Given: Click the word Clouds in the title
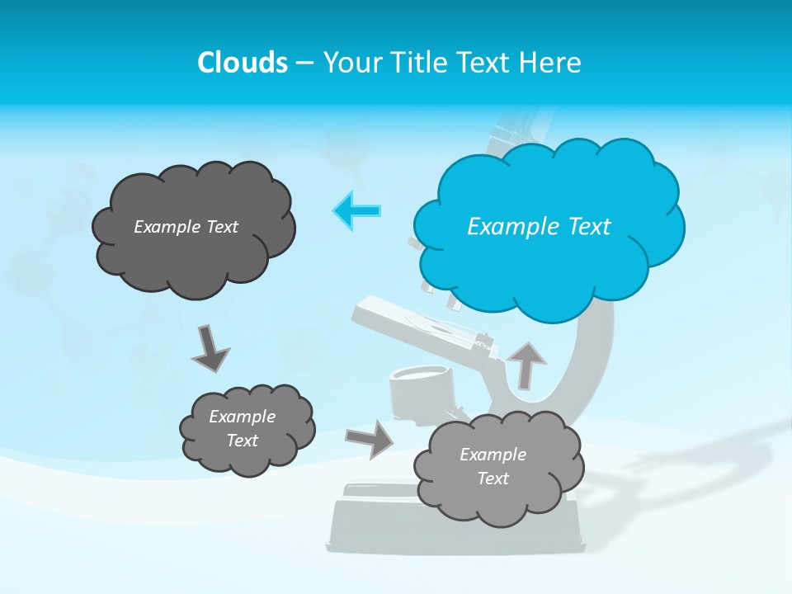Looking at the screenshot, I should coord(243,62).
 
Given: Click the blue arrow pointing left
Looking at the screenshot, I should coord(356,211).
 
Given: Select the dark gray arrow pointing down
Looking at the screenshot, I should coord(210,348).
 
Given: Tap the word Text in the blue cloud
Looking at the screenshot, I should coord(588,227).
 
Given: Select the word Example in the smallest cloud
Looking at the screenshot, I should coord(242,417).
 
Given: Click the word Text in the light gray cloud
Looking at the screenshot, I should coord(493,478).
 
